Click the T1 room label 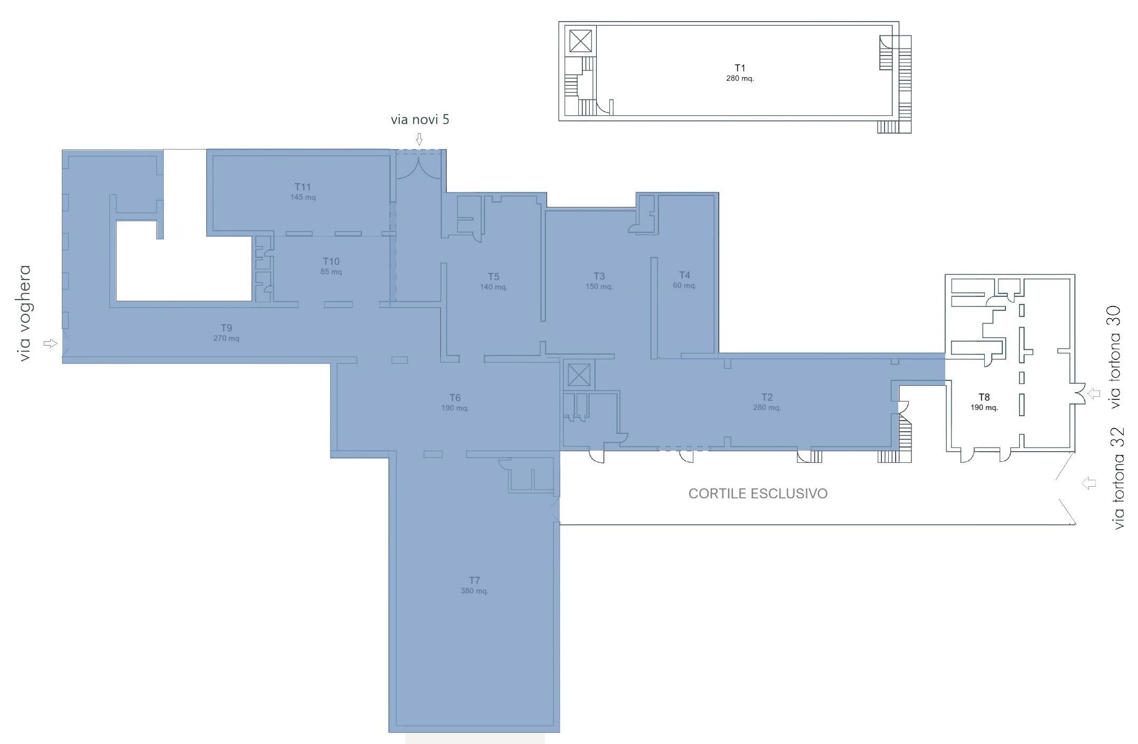tap(740, 68)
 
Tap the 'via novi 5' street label tap(420, 119)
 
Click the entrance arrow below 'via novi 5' tap(419, 139)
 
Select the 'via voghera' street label tap(24, 313)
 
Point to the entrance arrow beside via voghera tap(50, 343)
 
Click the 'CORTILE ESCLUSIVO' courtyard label tap(758, 494)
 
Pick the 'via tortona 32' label tap(1117, 478)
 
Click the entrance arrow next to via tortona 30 tap(1094, 394)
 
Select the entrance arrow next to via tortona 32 tap(1088, 483)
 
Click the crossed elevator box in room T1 tap(580, 41)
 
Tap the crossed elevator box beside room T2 tap(578, 375)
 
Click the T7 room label tap(474, 580)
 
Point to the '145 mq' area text tap(303, 197)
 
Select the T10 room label tap(331, 262)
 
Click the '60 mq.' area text tap(684, 285)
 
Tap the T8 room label tap(984, 397)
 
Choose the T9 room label tap(226, 328)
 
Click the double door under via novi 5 tap(418, 167)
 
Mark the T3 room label tap(599, 276)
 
